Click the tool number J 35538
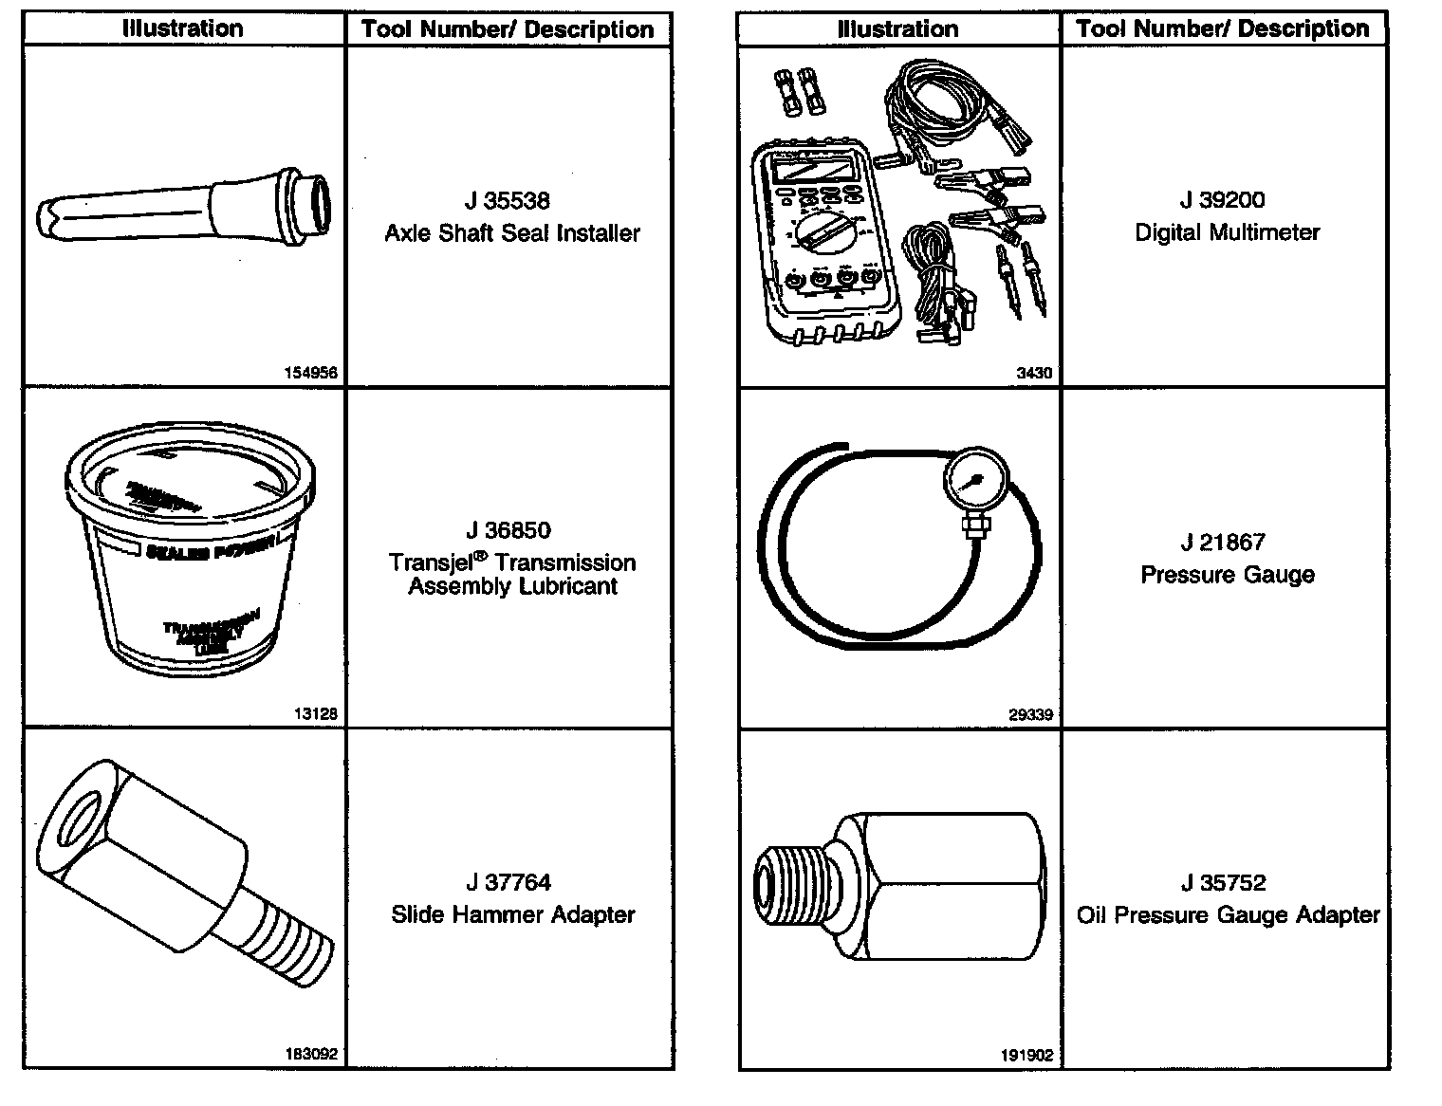click(x=508, y=201)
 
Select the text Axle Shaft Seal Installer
click(x=512, y=233)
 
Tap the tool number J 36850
click(x=508, y=530)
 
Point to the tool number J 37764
click(x=508, y=883)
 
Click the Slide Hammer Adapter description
click(x=513, y=915)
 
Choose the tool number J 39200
click(x=1223, y=200)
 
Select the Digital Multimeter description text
click(x=1228, y=232)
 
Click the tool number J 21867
click(x=1223, y=543)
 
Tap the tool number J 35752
click(x=1224, y=883)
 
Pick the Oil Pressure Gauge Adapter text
click(x=1229, y=915)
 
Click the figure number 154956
click(x=311, y=373)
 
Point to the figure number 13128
click(x=316, y=714)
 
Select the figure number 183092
click(x=311, y=1054)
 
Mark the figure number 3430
click(x=1034, y=373)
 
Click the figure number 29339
click(x=1030, y=714)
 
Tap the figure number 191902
click(x=1026, y=1054)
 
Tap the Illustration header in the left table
click(x=183, y=28)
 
